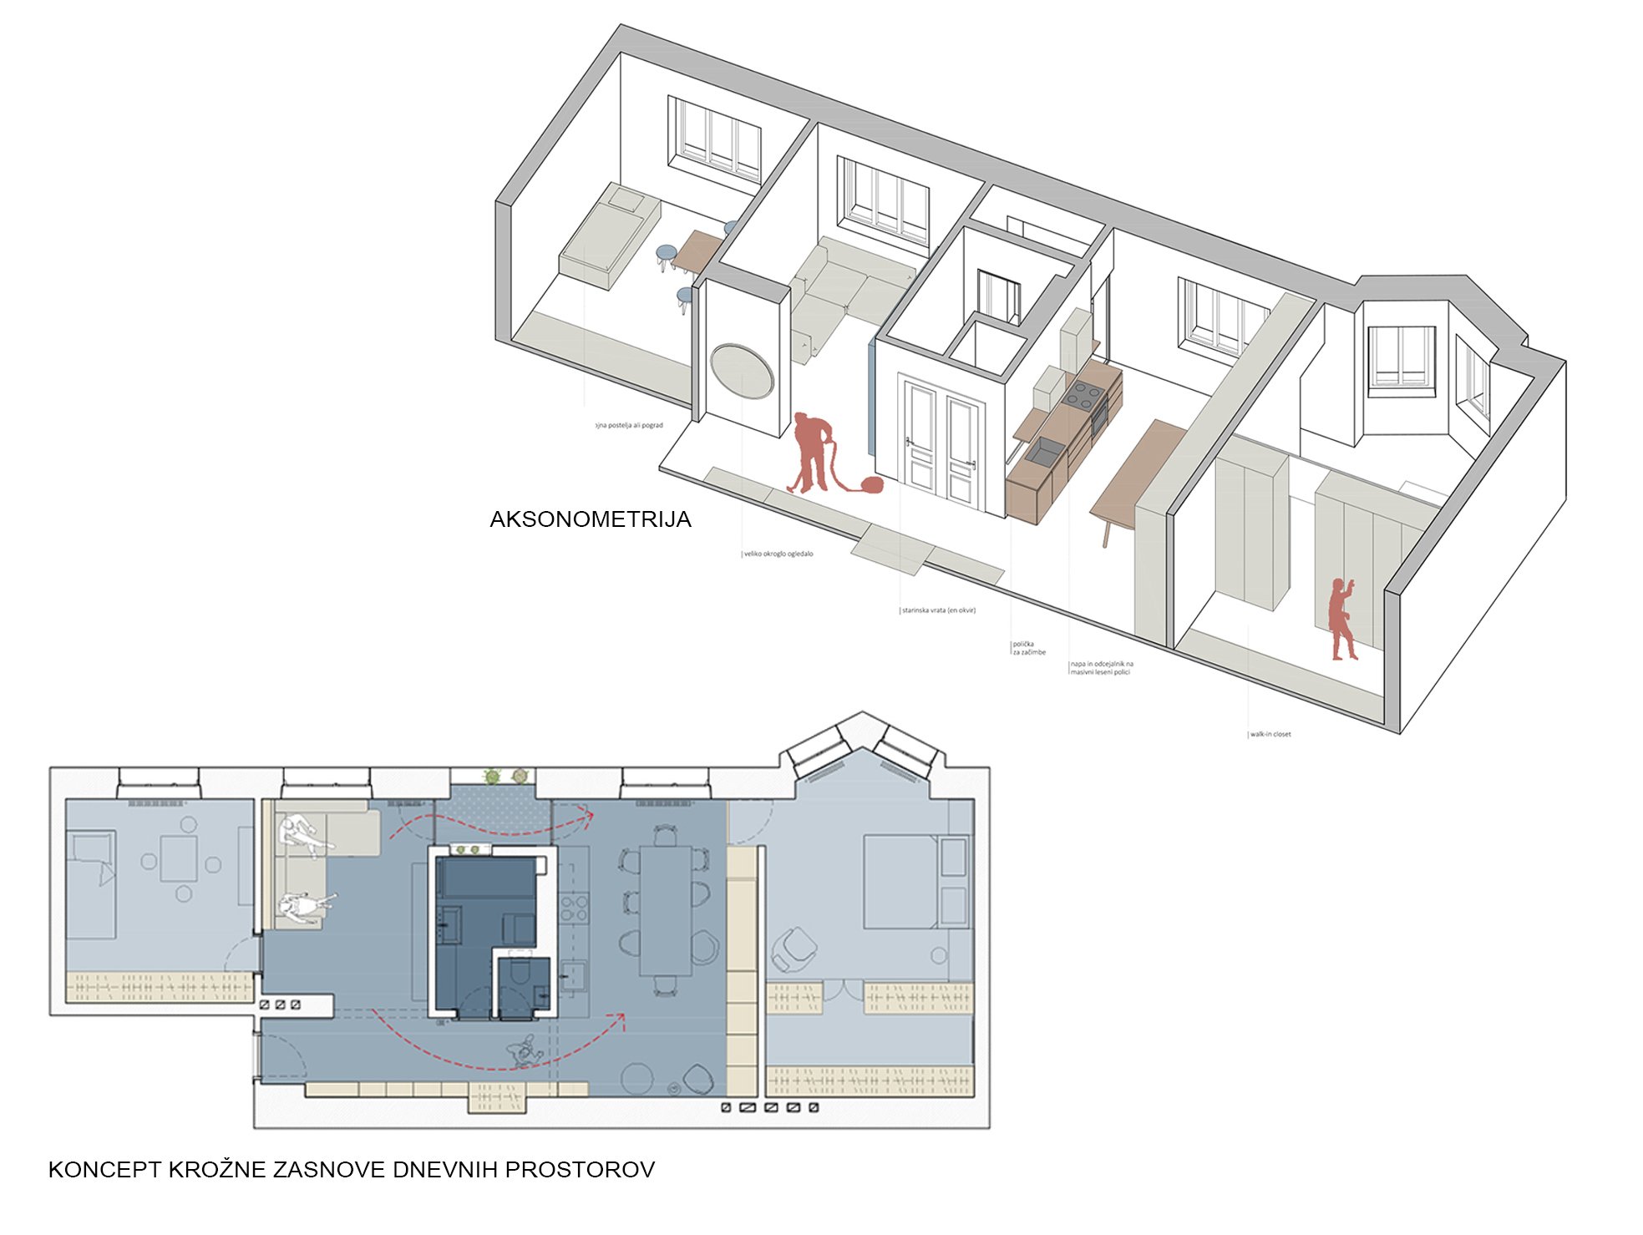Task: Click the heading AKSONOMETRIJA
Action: (590, 519)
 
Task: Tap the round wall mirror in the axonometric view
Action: (742, 372)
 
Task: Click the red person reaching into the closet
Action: (1341, 618)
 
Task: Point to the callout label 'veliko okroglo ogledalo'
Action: (778, 554)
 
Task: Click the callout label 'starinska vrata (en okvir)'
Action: (937, 610)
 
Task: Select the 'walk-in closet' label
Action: (1270, 734)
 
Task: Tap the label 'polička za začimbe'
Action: (1027, 648)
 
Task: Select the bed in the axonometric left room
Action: (608, 235)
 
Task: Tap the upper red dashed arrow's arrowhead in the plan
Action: (587, 815)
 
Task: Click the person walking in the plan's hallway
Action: (524, 1050)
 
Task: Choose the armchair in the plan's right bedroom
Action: (793, 949)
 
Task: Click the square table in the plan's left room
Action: (179, 859)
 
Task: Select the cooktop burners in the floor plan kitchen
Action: (573, 909)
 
